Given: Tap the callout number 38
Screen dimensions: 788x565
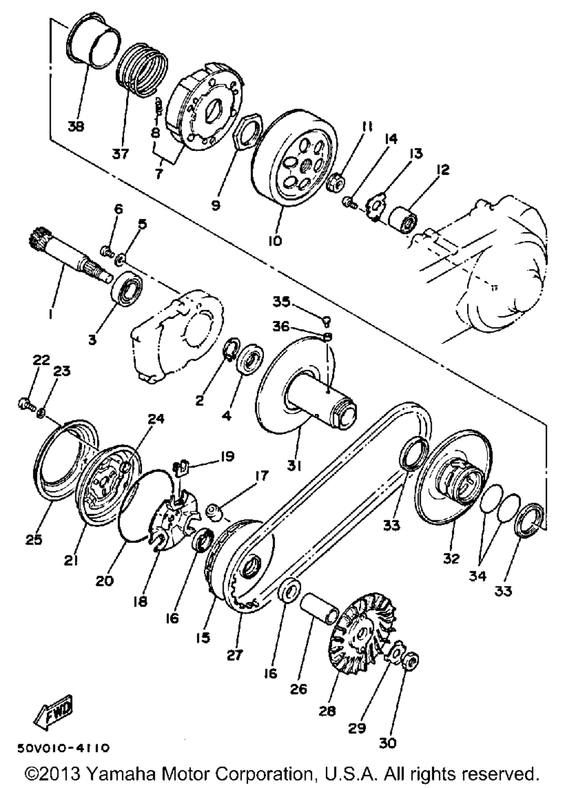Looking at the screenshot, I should coord(75,127).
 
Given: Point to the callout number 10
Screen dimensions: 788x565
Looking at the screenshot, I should coord(275,241).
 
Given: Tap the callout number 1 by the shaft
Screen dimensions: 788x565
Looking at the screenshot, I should coord(50,312).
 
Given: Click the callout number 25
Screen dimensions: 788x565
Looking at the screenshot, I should coord(34,540).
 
